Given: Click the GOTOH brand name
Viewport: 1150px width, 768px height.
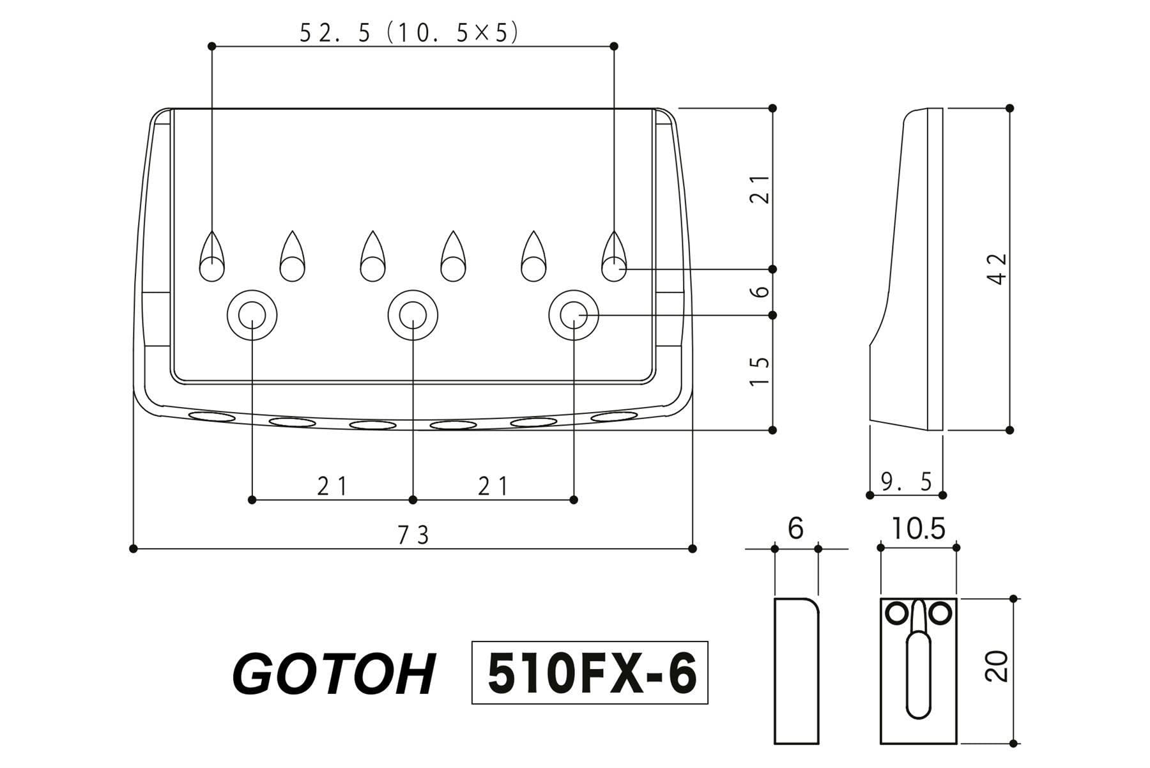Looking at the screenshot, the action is [x=333, y=674].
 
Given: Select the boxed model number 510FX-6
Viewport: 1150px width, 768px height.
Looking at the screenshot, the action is [x=590, y=673].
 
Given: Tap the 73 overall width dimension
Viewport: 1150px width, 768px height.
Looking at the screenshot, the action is [x=414, y=535].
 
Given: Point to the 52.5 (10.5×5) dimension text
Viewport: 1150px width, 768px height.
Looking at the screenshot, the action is [x=409, y=33].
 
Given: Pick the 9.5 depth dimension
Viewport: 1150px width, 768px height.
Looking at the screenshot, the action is [x=907, y=481].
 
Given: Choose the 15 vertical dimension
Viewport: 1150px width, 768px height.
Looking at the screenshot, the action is [x=759, y=371].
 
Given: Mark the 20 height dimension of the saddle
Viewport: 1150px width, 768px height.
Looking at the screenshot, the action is [x=997, y=666].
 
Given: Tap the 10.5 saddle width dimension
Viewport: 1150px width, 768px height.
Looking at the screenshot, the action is [x=919, y=529].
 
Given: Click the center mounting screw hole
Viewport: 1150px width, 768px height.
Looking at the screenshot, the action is [x=413, y=314].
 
